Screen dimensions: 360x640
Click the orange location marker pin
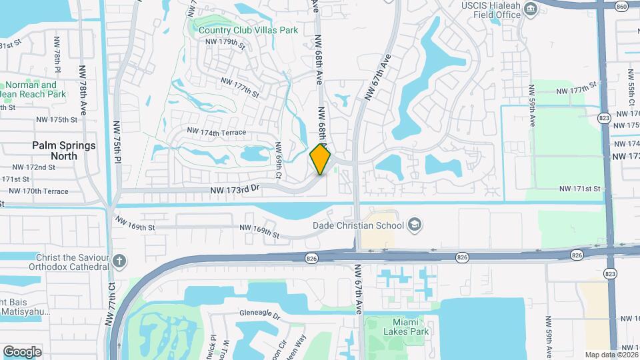pyautogui.click(x=321, y=159)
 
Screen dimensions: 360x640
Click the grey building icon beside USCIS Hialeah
pyautogui.click(x=531, y=9)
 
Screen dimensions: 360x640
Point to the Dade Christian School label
pyautogui.click(x=360, y=225)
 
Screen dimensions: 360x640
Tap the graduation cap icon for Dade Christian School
pyautogui.click(x=415, y=224)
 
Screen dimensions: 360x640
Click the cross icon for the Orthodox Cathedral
pyautogui.click(x=119, y=261)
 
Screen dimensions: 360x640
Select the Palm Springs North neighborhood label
pyautogui.click(x=64, y=150)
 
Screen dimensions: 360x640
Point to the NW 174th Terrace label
pyautogui.click(x=217, y=133)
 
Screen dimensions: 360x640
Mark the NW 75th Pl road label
pyautogui.click(x=117, y=141)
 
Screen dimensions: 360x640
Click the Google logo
pyautogui.click(x=22, y=351)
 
